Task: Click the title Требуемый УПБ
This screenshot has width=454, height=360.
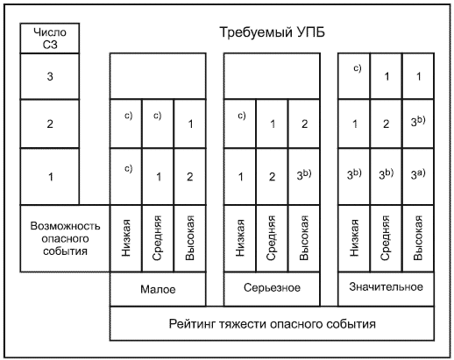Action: pyautogui.click(x=272, y=32)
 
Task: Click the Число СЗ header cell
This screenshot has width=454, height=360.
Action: pyautogui.click(x=50, y=39)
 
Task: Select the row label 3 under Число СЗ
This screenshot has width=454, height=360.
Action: pyautogui.click(x=50, y=76)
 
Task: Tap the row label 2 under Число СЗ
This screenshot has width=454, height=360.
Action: pyautogui.click(x=50, y=124)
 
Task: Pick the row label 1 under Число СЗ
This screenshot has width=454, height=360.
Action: pyautogui.click(x=50, y=177)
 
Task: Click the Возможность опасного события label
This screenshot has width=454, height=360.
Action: pyautogui.click(x=65, y=238)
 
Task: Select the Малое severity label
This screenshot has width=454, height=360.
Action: pyautogui.click(x=158, y=289)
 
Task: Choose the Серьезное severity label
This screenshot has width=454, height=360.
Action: pyautogui.click(x=272, y=288)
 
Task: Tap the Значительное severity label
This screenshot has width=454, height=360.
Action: pyautogui.click(x=386, y=287)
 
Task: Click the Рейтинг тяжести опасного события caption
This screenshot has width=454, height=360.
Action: pyautogui.click(x=272, y=324)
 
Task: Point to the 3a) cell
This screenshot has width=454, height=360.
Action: pyautogui.click(x=418, y=174)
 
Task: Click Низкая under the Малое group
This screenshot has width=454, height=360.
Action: pyautogui.click(x=126, y=238)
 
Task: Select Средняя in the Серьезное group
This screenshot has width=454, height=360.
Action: pyautogui.click(x=271, y=238)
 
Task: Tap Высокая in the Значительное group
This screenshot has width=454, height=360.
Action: pyautogui.click(x=418, y=238)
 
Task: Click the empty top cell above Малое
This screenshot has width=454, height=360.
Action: pyautogui.click(x=158, y=76)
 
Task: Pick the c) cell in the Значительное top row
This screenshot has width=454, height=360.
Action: pyautogui.click(x=358, y=68)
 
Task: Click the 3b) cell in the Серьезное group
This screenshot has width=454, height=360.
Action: pyautogui.click(x=304, y=174)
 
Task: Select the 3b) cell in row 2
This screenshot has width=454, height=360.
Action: pyautogui.click(x=418, y=121)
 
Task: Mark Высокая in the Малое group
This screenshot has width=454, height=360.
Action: pyautogui.click(x=190, y=238)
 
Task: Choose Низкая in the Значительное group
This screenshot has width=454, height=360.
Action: pyautogui.click(x=354, y=238)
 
